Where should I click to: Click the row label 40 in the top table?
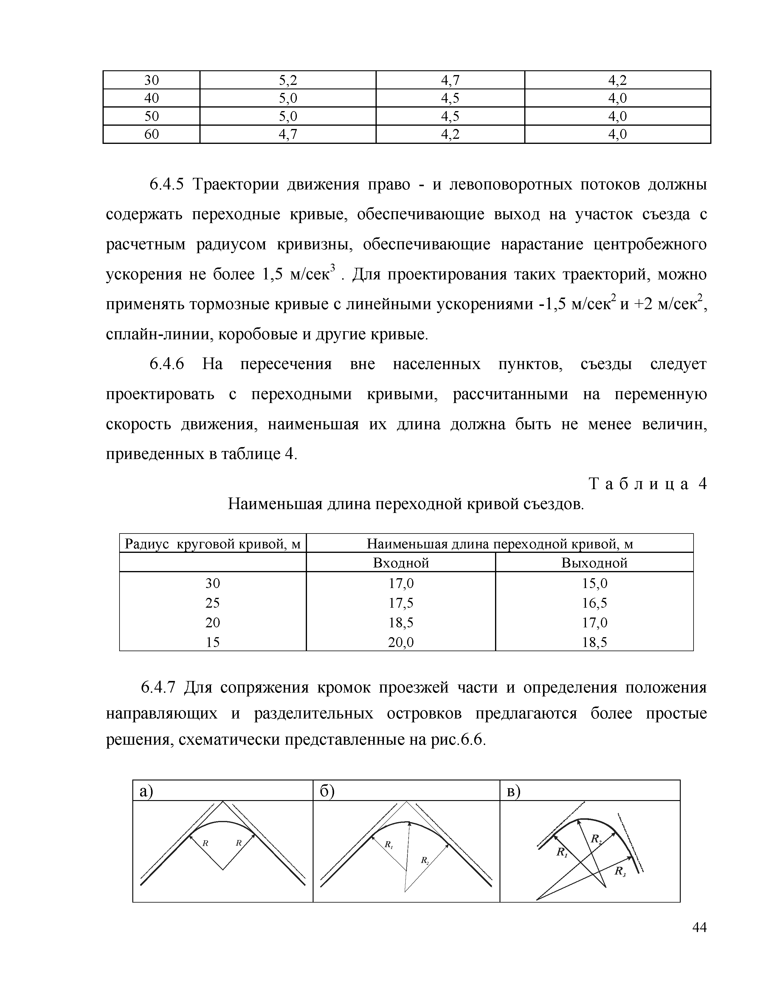[x=151, y=98]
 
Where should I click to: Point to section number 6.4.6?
[x=167, y=364]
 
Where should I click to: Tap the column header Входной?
[x=401, y=563]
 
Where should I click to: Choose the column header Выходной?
[x=594, y=563]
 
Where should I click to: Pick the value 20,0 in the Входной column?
[x=401, y=642]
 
